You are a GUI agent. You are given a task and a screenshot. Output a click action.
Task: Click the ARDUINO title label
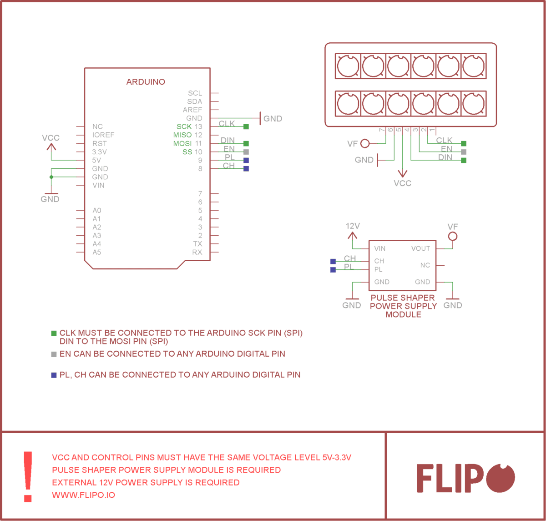coord(146,82)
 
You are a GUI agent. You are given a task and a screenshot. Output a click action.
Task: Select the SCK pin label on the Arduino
coord(184,126)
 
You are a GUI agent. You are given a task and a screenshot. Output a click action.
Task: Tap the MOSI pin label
coord(182,143)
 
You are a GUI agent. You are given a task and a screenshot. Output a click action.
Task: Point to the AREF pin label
coord(192,110)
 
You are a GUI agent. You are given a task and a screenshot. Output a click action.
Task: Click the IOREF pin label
coord(103,135)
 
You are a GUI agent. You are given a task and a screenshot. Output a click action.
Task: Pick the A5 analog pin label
coord(97,252)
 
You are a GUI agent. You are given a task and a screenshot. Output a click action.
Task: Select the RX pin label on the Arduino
coord(197,252)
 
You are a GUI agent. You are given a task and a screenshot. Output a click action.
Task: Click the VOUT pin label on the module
coord(420,248)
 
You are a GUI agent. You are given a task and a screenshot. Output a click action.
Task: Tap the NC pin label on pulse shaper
coord(425,265)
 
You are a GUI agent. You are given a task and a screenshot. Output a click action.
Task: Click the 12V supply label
coord(353,226)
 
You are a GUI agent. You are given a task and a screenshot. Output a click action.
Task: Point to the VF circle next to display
coord(364,144)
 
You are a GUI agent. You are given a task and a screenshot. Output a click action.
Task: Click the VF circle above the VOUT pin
coord(452,236)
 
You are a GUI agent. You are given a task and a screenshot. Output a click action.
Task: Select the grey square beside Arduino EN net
coord(246,152)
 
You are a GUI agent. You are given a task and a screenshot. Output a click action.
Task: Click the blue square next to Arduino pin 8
coord(246,169)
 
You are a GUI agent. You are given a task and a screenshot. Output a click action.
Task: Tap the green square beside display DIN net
coord(464,160)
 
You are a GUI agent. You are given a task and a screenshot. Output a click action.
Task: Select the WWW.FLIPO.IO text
coord(83,495)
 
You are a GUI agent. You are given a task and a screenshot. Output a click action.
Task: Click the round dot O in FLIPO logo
coord(500,478)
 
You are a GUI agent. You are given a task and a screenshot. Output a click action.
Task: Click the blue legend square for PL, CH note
coord(54,375)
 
